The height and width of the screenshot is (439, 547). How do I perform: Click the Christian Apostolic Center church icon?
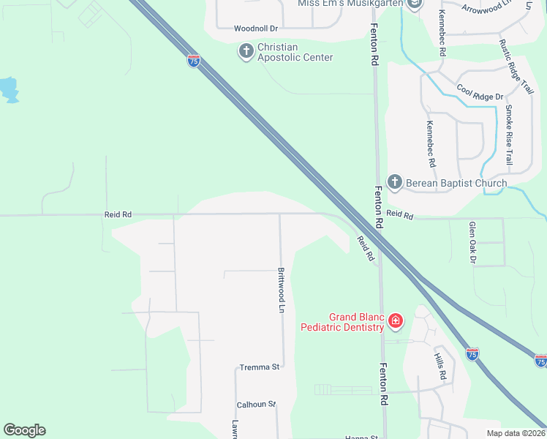[x=246, y=51]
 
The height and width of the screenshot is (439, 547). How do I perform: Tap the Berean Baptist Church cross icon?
[x=395, y=182]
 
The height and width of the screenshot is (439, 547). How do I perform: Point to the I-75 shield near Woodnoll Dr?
[x=194, y=61]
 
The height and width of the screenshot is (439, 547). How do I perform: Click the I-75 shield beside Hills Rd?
[x=472, y=354]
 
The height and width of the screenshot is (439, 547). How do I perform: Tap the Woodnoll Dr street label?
[x=256, y=29]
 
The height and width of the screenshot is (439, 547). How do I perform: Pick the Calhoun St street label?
[x=256, y=404]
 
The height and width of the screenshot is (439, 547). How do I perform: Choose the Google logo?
[x=24, y=430]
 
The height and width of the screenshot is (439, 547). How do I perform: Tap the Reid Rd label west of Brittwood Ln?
[x=117, y=214]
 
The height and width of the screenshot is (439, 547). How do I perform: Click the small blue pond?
[x=9, y=89]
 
